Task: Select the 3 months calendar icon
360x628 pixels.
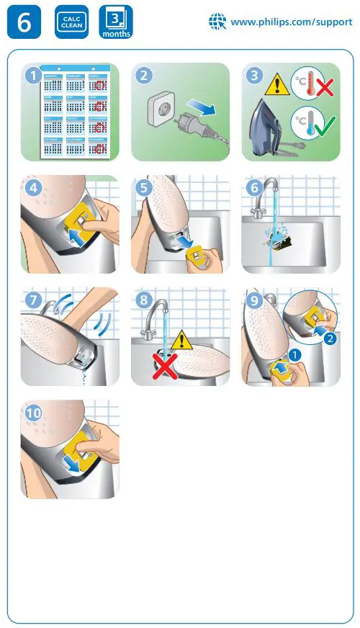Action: [115, 22]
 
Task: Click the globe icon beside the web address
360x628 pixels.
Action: [217, 22]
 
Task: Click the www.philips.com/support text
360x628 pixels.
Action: [291, 22]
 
